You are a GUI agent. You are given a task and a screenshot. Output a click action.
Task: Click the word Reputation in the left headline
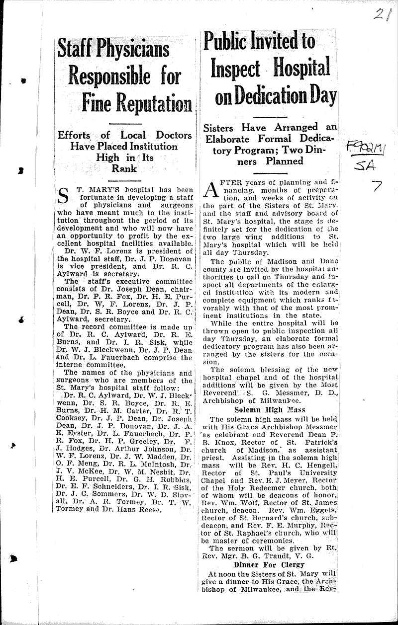coord(151,103)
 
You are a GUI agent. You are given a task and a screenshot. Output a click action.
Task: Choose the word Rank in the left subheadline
coord(124,168)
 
